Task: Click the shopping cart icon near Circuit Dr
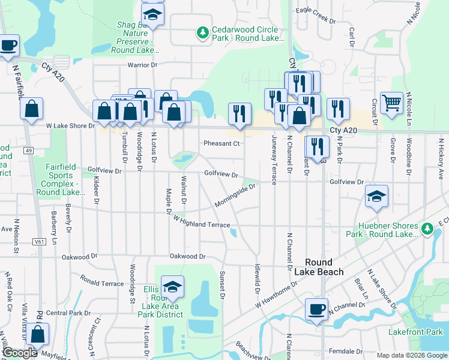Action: [391, 103]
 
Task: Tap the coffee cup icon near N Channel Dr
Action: [316, 310]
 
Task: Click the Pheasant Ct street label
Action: [221, 143]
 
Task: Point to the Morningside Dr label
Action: [236, 196]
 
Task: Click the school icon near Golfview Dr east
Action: [376, 197]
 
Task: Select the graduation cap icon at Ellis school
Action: [172, 287]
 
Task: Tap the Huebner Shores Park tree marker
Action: [427, 229]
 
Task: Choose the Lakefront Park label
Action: [423, 332]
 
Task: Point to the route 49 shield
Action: [29, 151]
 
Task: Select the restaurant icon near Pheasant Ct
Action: [240, 113]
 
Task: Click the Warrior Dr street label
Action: [142, 65]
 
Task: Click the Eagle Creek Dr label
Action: [316, 15]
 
